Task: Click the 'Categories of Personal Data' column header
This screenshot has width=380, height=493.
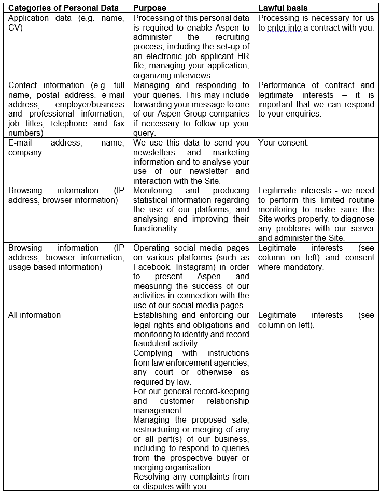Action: click(x=64, y=8)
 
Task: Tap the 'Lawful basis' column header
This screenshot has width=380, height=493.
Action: click(x=283, y=8)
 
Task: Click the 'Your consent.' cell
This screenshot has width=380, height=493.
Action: click(x=284, y=142)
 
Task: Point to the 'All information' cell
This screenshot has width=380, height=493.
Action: click(x=34, y=315)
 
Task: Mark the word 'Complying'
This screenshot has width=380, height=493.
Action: click(x=153, y=353)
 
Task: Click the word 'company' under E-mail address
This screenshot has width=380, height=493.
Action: click(x=25, y=152)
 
